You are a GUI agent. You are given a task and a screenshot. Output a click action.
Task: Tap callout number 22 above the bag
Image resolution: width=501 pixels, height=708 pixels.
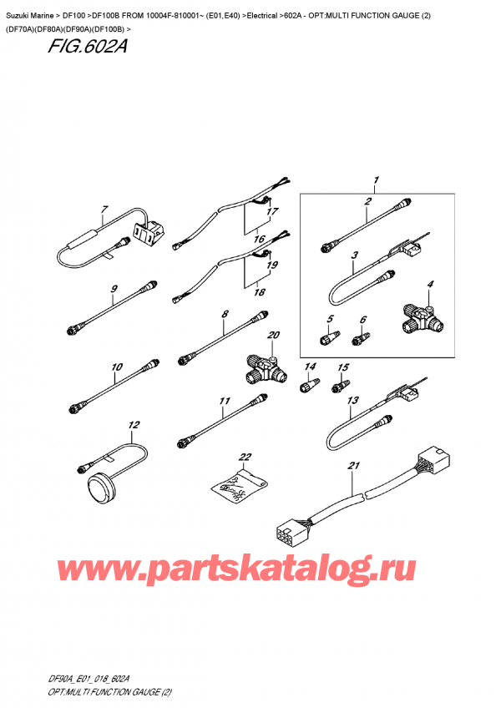coord(244,457)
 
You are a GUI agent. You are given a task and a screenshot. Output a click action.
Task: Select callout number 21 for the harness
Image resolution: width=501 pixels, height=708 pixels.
coord(353,465)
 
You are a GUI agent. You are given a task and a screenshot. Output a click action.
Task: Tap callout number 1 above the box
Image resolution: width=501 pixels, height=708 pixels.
coord(377,180)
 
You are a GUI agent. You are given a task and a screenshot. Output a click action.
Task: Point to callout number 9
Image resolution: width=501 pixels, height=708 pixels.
coord(114,290)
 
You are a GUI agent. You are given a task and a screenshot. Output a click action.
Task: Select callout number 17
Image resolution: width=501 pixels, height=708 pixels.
coord(271,211)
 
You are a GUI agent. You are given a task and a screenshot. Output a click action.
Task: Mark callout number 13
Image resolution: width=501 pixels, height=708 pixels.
coord(352,401)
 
